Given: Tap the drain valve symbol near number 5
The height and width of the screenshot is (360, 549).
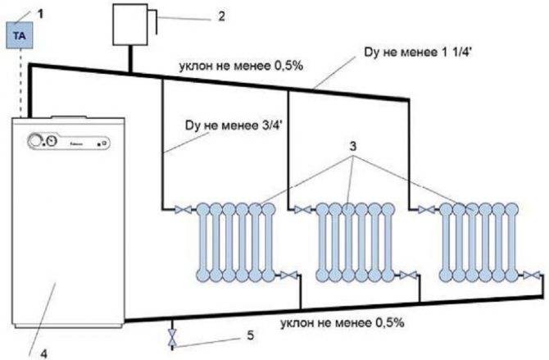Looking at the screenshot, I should click(x=170, y=337).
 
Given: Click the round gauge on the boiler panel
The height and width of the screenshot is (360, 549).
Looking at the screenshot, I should click(x=38, y=140).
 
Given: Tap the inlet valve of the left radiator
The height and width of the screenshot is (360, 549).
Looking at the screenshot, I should click(x=181, y=211).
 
